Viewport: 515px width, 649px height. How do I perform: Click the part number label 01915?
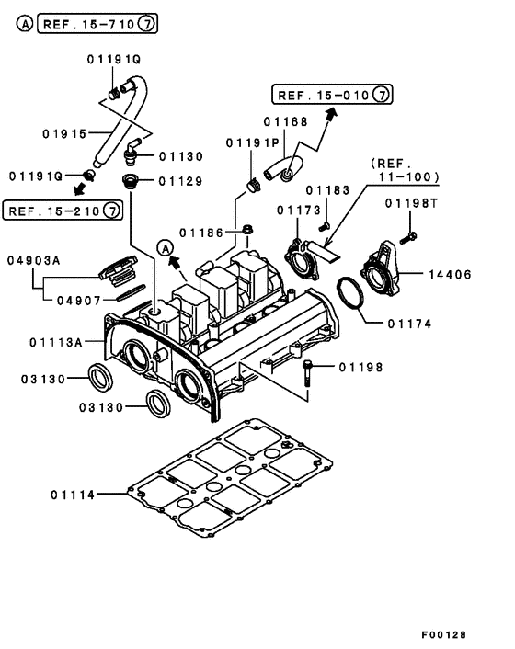(63, 133)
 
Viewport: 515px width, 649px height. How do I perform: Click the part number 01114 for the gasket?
(74, 495)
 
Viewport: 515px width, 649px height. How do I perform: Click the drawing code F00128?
(444, 635)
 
